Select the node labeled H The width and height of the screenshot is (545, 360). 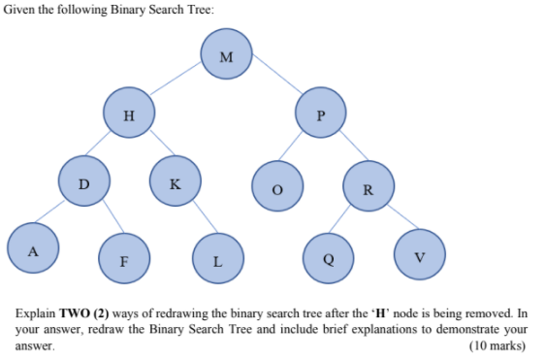pyautogui.click(x=130, y=115)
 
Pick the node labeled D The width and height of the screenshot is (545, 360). pyautogui.click(x=83, y=180)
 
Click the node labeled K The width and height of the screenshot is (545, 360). pyautogui.click(x=175, y=180)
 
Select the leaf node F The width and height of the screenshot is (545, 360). pyautogui.click(x=123, y=257)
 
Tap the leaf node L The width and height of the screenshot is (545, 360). pyautogui.click(x=218, y=257)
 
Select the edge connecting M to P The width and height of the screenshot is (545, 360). pyautogui.click(x=276, y=83)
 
